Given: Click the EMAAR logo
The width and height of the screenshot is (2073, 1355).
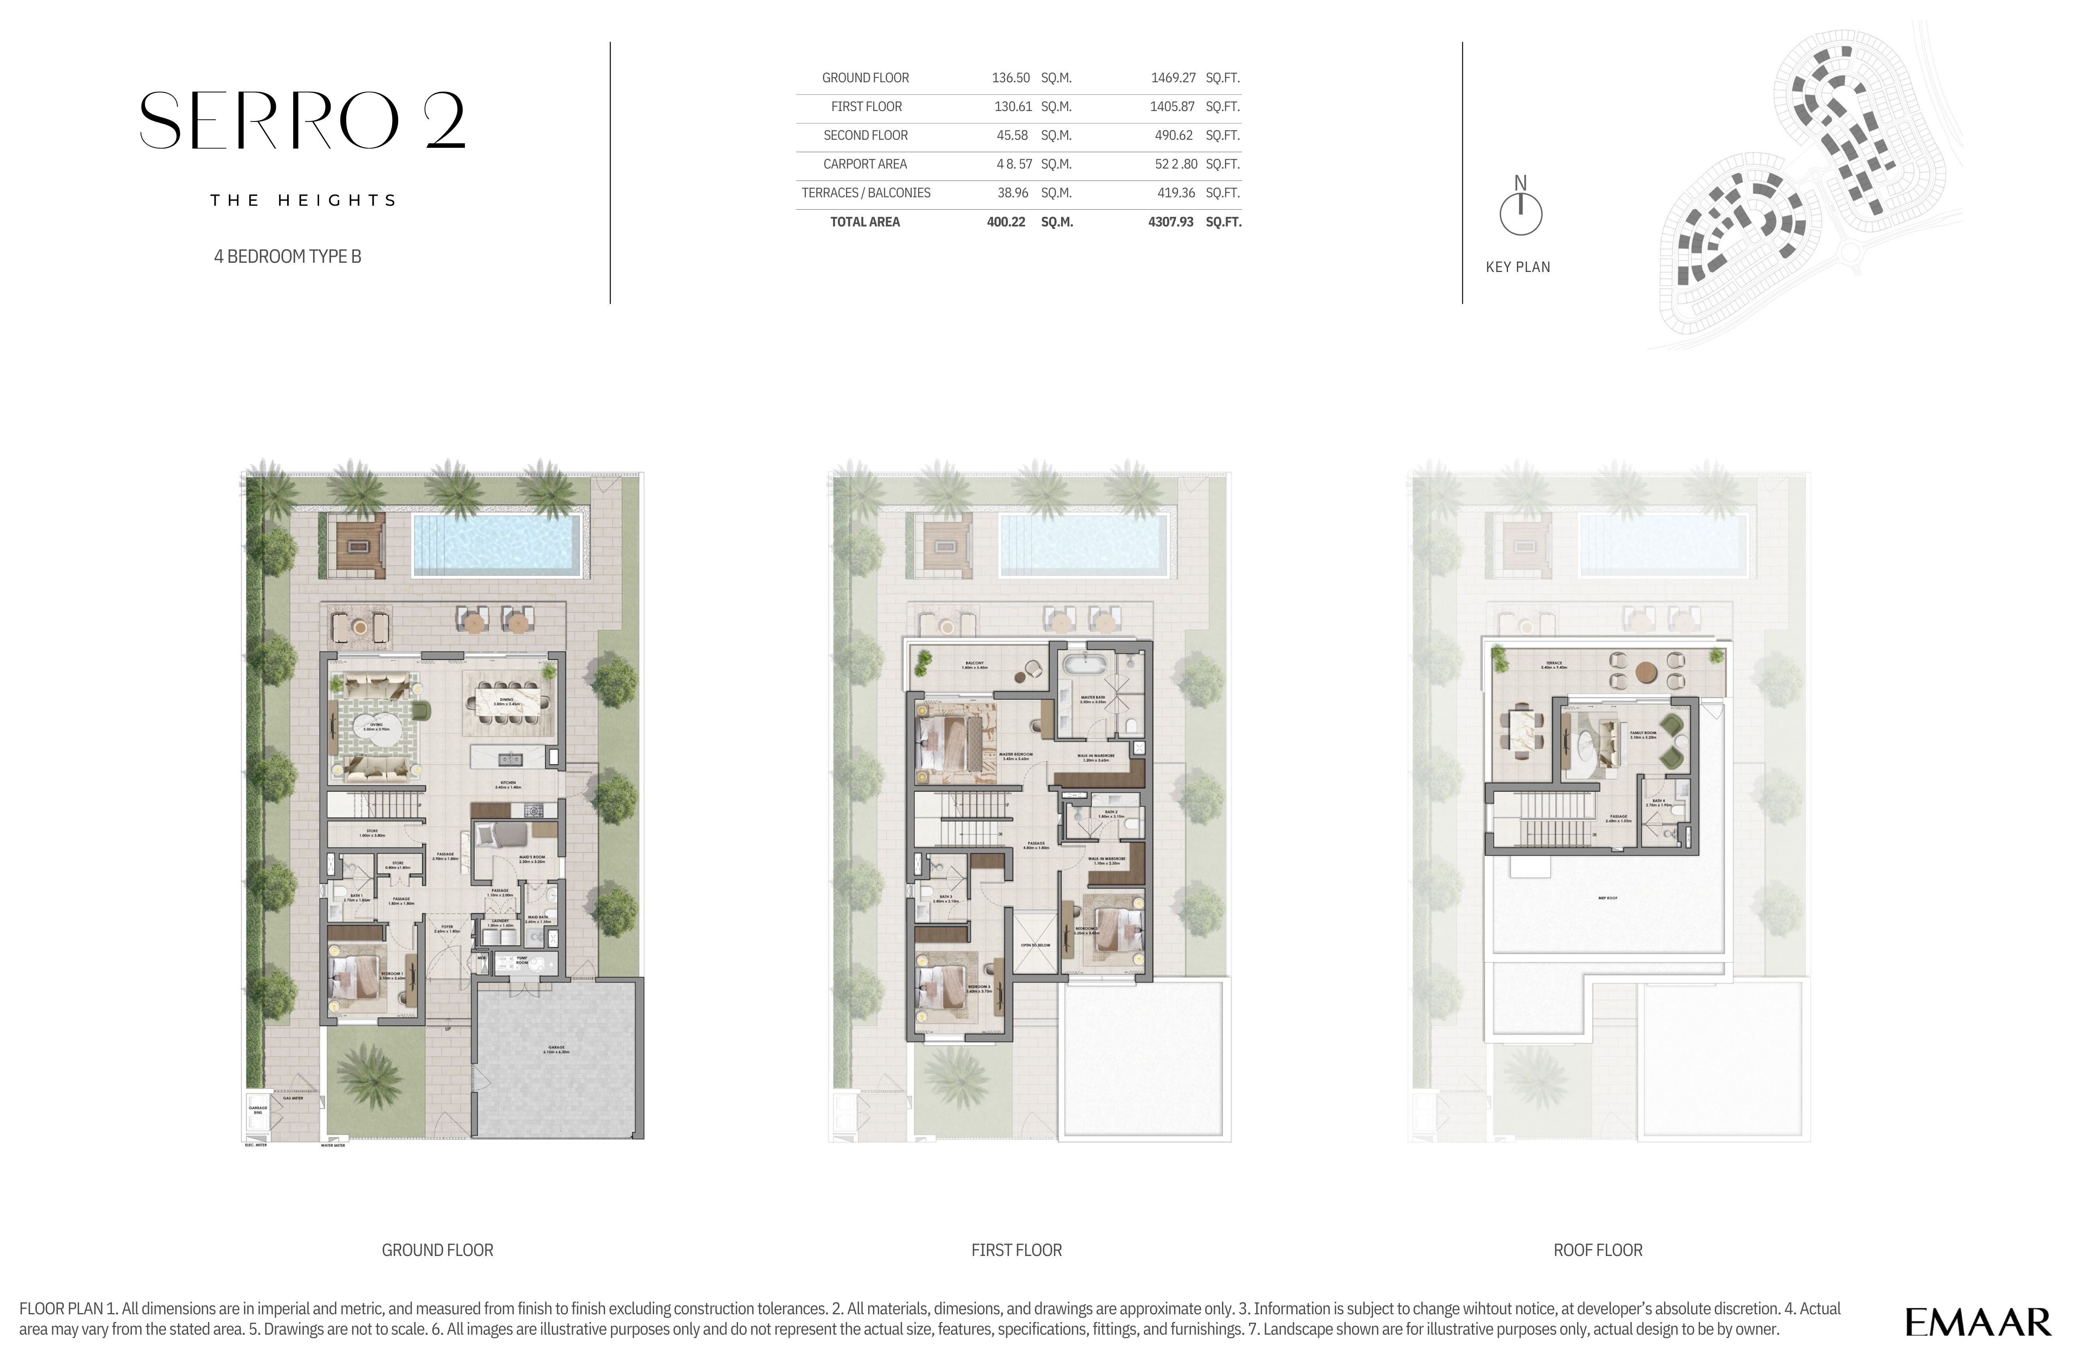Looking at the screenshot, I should tap(1977, 1322).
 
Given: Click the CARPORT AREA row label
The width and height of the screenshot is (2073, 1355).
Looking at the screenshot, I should tap(865, 164).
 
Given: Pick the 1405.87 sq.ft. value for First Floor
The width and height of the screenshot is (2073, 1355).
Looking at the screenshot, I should tap(1172, 106).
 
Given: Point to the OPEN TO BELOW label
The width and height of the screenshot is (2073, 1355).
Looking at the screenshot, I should tap(1036, 945).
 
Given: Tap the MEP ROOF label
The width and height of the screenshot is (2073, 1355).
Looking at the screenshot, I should tap(1607, 897).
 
